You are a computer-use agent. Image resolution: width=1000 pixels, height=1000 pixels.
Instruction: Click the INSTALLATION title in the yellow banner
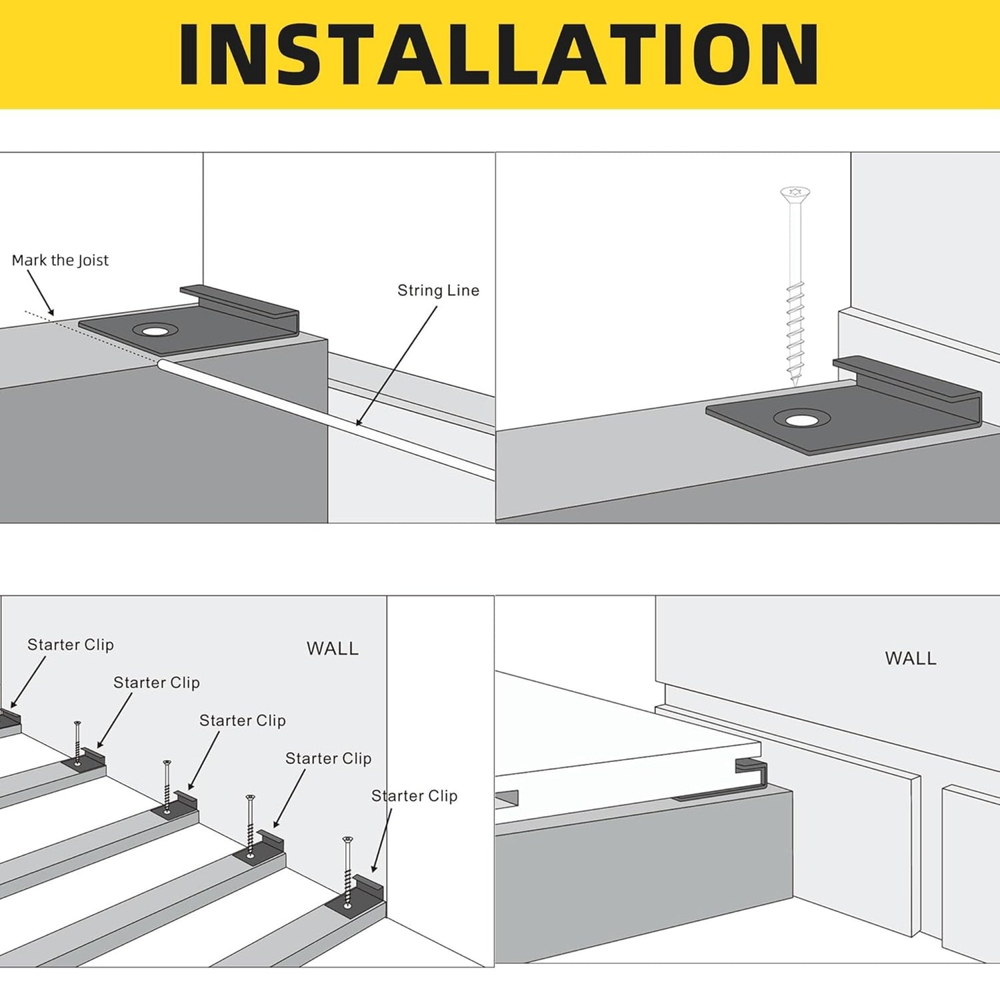point(498,54)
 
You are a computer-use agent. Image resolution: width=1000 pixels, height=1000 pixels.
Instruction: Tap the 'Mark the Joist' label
point(60,260)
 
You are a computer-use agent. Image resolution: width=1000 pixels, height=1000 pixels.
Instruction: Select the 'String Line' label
point(439,291)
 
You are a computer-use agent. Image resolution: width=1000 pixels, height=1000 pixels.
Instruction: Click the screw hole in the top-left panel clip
point(154,331)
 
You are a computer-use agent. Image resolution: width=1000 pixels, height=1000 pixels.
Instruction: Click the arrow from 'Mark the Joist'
point(40,293)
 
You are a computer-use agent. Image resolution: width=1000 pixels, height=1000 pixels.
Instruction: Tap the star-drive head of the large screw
point(795,194)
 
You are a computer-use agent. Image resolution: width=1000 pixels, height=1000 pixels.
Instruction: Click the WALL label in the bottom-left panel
point(333,648)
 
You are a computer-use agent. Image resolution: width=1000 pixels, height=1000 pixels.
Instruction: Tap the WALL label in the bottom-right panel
point(911,659)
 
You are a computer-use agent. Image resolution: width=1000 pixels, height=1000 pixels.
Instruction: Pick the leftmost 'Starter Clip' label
point(71,644)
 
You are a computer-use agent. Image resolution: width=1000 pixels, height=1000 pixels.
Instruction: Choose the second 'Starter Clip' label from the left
point(156,682)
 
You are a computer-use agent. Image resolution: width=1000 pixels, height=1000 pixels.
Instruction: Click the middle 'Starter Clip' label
point(243,720)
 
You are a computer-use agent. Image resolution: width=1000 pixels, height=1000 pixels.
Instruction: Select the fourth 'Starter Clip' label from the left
point(329,758)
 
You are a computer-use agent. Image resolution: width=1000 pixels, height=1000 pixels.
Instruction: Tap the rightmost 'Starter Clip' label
point(415,796)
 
